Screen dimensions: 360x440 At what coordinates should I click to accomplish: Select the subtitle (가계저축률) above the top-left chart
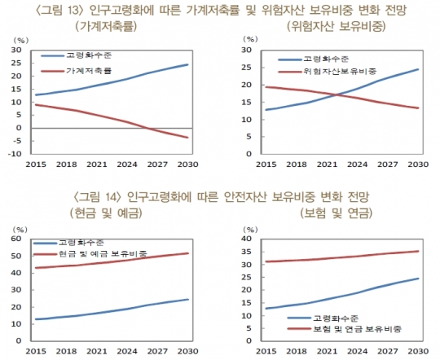[104, 27]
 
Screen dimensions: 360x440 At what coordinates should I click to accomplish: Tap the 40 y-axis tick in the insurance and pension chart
[248, 239]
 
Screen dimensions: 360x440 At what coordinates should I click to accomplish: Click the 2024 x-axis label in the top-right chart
[359, 164]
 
